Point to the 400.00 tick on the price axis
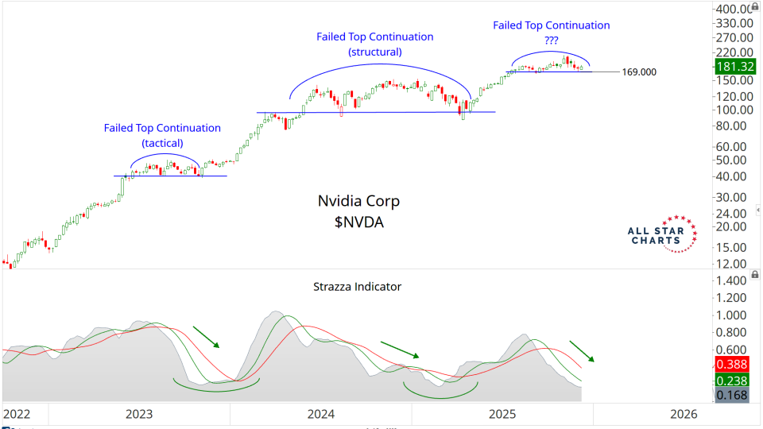click(x=734, y=9)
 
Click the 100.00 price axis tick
click(x=734, y=110)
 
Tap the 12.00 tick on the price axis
click(x=734, y=264)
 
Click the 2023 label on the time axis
click(x=139, y=414)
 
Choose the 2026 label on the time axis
click(x=684, y=414)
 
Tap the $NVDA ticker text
click(x=359, y=222)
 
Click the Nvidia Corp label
click(x=358, y=202)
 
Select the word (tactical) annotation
click(x=162, y=143)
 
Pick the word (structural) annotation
click(x=375, y=52)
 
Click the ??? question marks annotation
click(x=551, y=41)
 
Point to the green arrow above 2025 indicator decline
click(x=581, y=350)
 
